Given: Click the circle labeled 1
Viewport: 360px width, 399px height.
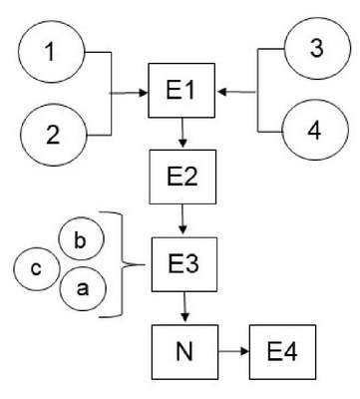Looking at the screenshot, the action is (x=52, y=52).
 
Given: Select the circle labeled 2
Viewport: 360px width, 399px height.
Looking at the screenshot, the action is (x=53, y=135).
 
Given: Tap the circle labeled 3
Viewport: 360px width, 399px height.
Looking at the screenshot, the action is (x=317, y=48).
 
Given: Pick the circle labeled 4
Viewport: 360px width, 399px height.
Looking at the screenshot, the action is (x=315, y=130).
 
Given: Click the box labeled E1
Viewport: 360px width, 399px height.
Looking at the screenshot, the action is (x=181, y=90).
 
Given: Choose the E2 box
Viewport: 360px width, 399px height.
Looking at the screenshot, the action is (x=182, y=177).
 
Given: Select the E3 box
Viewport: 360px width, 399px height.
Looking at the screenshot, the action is (x=184, y=264).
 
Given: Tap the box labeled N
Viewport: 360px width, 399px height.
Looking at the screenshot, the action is (x=185, y=352).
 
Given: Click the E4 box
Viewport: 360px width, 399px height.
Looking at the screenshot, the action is (x=282, y=352).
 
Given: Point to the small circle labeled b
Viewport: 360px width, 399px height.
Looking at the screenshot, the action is (x=81, y=239).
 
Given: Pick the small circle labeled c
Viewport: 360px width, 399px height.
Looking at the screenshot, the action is (x=37, y=268).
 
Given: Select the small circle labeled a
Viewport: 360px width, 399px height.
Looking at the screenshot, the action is (x=83, y=288).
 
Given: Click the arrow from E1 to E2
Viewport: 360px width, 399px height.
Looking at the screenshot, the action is (x=182, y=133).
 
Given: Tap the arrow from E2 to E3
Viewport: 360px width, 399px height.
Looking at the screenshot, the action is (x=182, y=219).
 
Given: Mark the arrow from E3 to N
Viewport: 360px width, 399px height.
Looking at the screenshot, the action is (x=184, y=306).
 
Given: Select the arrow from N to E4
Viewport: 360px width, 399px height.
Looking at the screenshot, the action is (x=234, y=351).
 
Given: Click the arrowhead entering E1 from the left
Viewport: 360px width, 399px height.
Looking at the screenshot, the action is (x=144, y=93).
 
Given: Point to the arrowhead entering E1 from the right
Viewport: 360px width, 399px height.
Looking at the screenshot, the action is (x=221, y=92).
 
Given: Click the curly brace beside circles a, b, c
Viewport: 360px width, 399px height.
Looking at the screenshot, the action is (x=123, y=264).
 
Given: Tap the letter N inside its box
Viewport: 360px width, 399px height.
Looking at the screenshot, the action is (x=184, y=352).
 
